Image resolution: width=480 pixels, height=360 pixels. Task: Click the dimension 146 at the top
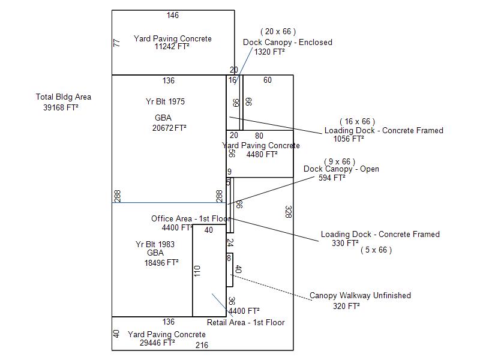173,15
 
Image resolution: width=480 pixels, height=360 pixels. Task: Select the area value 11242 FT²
172,46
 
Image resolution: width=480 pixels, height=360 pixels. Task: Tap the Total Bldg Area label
64,97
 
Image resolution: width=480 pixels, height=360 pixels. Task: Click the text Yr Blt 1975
166,101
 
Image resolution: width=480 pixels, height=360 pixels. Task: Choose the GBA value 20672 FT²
170,128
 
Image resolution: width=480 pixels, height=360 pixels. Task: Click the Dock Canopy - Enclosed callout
287,42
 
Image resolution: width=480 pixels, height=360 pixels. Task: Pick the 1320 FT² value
269,52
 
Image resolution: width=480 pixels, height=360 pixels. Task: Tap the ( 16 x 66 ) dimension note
358,121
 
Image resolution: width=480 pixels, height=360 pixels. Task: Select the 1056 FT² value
349,139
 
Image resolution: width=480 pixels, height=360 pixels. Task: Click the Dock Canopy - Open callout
341,169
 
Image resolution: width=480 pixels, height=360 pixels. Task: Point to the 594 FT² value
332,178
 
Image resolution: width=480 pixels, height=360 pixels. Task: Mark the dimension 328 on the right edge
288,212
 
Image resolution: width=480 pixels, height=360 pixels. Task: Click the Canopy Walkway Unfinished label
360,295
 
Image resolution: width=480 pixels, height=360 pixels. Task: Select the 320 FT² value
346,305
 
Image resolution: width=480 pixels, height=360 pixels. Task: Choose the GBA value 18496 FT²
161,262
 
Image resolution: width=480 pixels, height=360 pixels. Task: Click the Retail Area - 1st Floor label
246,322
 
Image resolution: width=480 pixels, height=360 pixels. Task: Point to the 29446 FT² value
157,343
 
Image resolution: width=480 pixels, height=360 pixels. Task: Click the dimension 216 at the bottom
202,345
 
